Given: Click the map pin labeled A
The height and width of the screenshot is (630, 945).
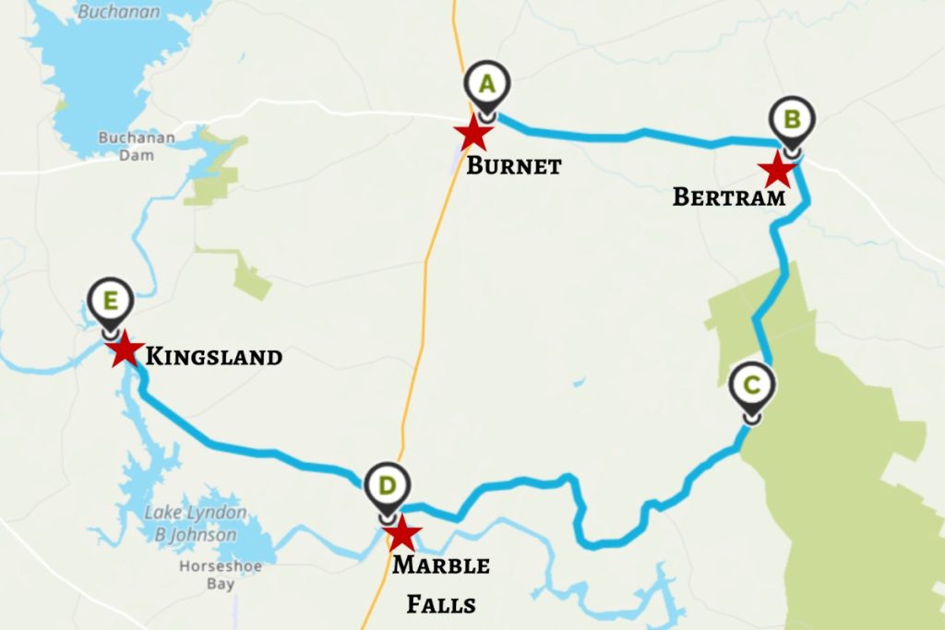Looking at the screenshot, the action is coord(487,85).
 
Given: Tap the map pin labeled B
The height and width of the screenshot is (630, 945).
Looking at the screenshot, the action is coord(792,120).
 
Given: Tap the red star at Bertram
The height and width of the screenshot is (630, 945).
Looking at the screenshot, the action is coord(777,170).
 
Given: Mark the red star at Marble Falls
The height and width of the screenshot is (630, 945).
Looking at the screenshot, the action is coord(403,533).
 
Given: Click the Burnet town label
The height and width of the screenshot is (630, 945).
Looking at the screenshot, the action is coord(513,167).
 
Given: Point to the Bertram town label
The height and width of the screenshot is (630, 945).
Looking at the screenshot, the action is coord(729,196).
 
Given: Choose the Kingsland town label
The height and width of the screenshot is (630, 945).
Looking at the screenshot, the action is coord(214,356).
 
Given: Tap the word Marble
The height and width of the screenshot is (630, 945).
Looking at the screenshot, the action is coord(441,565).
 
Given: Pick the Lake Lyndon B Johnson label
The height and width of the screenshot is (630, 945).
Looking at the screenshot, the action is coord(196,524).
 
